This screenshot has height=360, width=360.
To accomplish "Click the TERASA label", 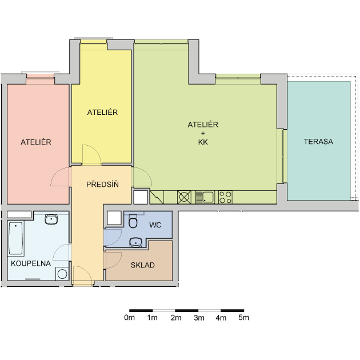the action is (318, 142).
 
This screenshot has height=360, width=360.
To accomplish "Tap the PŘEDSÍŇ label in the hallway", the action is (102, 184).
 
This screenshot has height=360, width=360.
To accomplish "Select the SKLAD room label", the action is (143, 265).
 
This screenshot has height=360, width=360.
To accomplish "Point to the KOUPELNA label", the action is (31, 263).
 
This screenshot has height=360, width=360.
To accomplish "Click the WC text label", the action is (155, 225).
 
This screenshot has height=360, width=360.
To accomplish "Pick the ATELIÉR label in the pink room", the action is (36, 142).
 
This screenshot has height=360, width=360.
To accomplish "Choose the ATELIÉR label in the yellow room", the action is (102, 112).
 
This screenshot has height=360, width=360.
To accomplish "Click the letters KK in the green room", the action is (203, 142).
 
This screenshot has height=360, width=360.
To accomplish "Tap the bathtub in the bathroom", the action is (15, 238).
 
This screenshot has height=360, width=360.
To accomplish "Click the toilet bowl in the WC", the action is (133, 221).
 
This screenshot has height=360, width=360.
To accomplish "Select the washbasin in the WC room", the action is (135, 242).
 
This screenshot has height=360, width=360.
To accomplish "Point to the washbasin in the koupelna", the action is (51, 219).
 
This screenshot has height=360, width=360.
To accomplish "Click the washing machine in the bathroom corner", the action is (62, 274).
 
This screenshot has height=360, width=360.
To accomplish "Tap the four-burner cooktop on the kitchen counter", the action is (225, 197).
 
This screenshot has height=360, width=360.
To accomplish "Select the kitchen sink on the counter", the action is (205, 197).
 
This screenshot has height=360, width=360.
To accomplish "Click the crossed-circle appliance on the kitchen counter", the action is (184, 197).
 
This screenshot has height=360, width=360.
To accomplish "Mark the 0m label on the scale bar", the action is (129, 318).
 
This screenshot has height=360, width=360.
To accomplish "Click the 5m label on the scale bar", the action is (243, 318).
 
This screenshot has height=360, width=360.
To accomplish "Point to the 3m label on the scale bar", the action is (199, 318).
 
